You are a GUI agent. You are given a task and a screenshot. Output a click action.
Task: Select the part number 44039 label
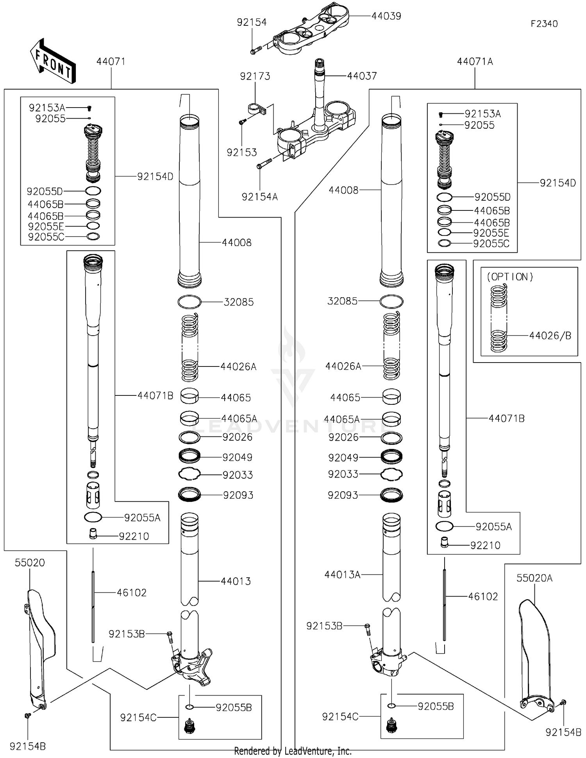[386, 16]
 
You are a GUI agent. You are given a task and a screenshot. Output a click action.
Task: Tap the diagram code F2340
[544, 24]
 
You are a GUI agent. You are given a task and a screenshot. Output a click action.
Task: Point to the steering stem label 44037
[362, 76]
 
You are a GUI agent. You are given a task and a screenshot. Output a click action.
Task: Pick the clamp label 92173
[255, 76]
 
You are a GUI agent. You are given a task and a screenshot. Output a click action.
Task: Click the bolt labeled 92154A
[264, 163]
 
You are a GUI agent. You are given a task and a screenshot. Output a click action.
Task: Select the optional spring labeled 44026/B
[499, 318]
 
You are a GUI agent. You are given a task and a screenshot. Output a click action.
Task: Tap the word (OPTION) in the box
[510, 277]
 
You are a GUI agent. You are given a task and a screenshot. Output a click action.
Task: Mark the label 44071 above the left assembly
[111, 61]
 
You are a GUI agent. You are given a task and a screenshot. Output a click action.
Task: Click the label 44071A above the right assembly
[475, 61]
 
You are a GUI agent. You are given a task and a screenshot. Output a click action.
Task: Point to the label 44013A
[342, 575]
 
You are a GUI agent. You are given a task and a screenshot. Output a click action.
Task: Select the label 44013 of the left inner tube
[236, 581]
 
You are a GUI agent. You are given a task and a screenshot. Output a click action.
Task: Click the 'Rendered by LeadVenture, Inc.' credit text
[293, 751]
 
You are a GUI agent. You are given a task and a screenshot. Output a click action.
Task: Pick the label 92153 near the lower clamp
[242, 152]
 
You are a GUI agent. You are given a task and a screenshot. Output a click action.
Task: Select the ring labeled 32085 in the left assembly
[189, 302]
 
